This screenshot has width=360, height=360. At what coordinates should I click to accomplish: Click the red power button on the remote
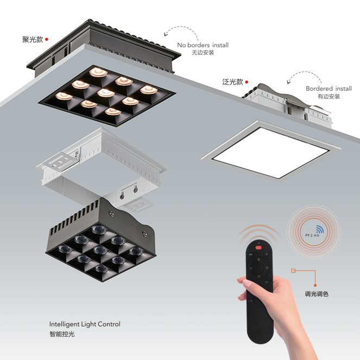[258, 248]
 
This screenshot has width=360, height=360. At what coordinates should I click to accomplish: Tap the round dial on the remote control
[259, 268]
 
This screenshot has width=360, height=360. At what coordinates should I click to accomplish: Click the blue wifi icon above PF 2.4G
[320, 229]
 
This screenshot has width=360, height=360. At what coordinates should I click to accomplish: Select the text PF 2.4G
[312, 235]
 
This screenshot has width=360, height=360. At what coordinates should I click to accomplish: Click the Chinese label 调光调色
[317, 294]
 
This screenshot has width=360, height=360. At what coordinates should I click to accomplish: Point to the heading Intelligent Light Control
[85, 324]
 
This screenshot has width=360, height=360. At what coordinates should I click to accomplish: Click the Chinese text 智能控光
[62, 334]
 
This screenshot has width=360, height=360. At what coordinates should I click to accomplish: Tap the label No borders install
[203, 45]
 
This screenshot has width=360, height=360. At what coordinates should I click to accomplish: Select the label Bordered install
[329, 89]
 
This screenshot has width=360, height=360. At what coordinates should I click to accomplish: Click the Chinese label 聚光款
[33, 40]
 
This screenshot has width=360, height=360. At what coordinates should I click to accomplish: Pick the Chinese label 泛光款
[232, 82]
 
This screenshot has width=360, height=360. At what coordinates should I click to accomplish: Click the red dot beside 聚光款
[47, 39]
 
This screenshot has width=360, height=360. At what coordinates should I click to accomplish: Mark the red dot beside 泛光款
[247, 82]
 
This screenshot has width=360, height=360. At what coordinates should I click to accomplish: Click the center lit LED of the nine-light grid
[106, 93]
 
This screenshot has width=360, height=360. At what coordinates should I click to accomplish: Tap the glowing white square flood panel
[271, 152]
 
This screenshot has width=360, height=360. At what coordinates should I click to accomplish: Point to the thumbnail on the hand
[248, 283]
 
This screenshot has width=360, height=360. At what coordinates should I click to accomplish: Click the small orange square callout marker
[293, 271]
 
